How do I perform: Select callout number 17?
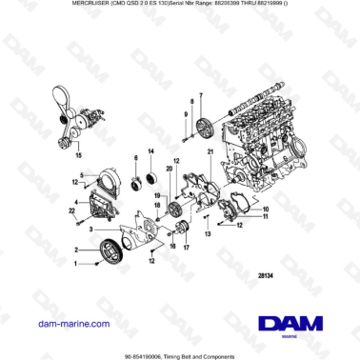(186, 247)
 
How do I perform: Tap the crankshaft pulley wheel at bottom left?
(113, 251)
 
